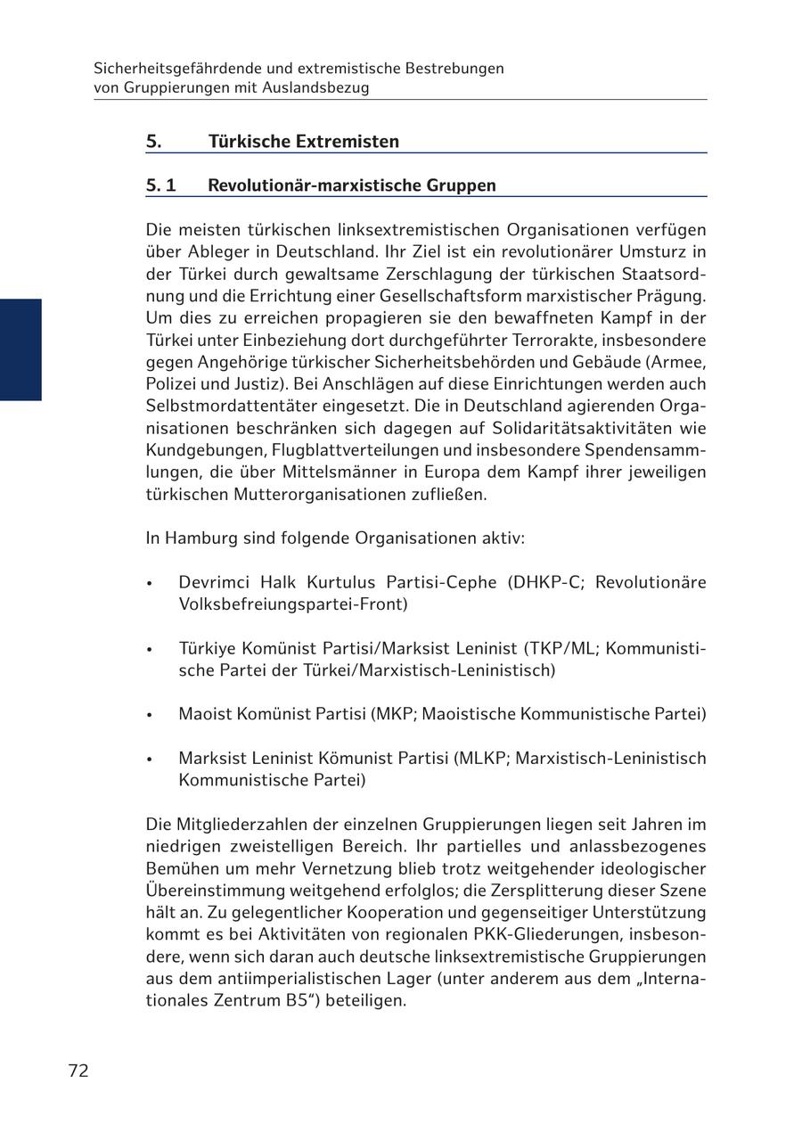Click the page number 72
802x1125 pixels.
[x=78, y=1072]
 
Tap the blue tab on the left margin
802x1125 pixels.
[x=20, y=349]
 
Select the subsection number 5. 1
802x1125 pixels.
[x=161, y=185]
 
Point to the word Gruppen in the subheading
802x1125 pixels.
[x=464, y=185]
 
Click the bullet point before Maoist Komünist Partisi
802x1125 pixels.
[x=151, y=715]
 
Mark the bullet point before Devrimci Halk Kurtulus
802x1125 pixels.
[x=151, y=584]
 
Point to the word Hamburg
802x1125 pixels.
[x=196, y=538]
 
